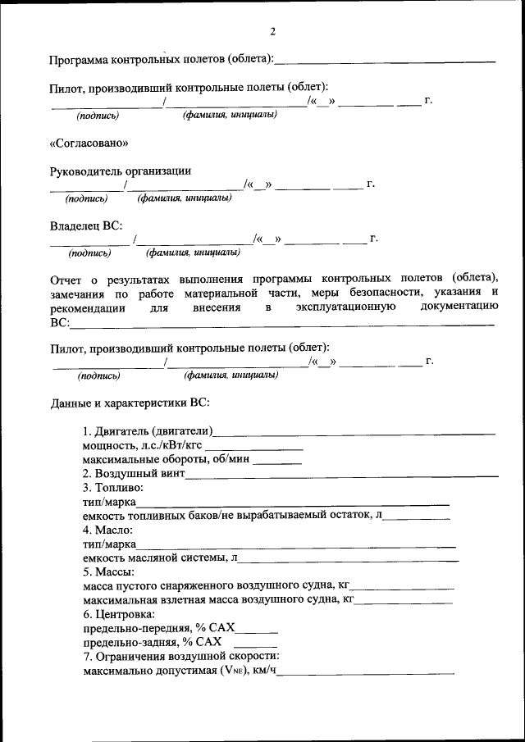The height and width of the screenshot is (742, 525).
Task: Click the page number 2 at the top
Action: (x=272, y=32)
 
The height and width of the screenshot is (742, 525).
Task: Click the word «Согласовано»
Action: (x=89, y=143)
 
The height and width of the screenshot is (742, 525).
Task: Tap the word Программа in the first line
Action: (x=79, y=61)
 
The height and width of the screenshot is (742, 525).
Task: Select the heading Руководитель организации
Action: (x=121, y=171)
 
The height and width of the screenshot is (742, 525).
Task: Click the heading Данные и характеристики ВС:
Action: (x=130, y=403)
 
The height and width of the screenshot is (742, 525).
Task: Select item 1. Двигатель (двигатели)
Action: (x=148, y=431)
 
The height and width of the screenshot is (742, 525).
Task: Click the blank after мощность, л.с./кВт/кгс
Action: (x=253, y=448)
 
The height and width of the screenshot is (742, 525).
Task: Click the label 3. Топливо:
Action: (x=119, y=488)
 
